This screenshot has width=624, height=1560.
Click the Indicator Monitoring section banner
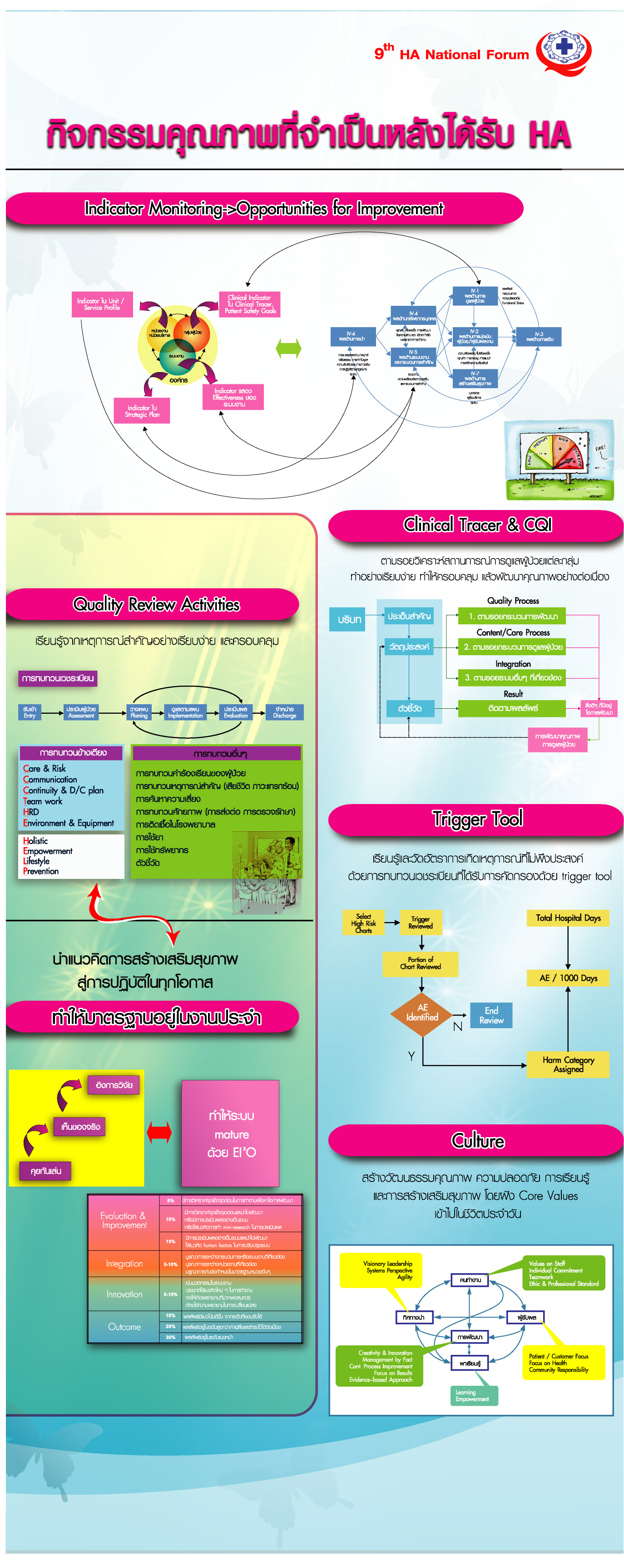click(x=264, y=209)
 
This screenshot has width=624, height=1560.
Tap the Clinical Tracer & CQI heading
click(x=476, y=525)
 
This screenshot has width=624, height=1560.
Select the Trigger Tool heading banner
click(x=476, y=819)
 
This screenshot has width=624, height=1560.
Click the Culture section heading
click(x=476, y=1141)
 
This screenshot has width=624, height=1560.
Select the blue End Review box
click(x=491, y=1015)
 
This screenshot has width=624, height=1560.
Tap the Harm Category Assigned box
click(x=568, y=1064)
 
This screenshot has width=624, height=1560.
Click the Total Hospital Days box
click(x=568, y=918)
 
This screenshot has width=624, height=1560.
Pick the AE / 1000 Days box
click(x=568, y=978)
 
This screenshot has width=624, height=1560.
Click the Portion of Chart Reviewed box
click(x=421, y=963)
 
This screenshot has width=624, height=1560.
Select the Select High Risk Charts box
click(x=363, y=923)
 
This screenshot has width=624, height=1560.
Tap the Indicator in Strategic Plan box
click(x=142, y=411)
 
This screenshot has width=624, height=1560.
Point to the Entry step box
click(x=30, y=712)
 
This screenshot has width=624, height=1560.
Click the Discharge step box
click(x=284, y=712)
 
